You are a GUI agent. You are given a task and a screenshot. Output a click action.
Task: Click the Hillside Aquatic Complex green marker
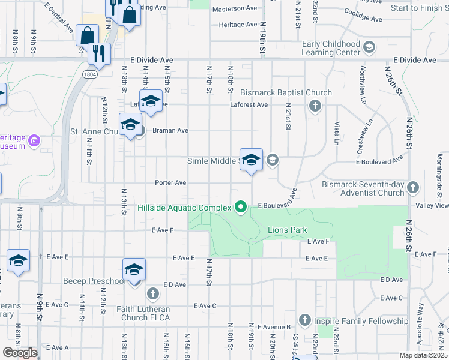point(241,208)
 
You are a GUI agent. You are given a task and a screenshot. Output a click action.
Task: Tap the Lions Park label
point(287,230)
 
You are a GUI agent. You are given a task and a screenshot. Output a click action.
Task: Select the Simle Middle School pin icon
point(251,160)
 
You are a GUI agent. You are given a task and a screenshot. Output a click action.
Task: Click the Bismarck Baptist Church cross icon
point(314,107)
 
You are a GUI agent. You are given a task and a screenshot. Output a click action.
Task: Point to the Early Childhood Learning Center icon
point(369,47)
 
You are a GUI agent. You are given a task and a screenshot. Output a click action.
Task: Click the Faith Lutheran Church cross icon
point(152,294)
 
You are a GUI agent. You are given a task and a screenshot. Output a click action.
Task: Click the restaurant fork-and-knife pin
point(99,53)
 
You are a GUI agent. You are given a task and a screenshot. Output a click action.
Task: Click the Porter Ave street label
point(170,182)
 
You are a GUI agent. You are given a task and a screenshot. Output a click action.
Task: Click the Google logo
point(20,353)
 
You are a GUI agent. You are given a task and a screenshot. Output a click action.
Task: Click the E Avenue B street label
point(274,327)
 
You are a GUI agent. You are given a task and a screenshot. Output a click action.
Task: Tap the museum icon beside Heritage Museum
point(34,142)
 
